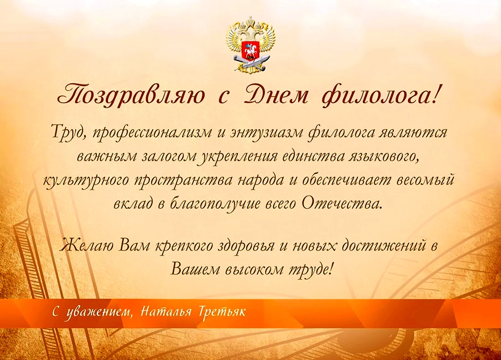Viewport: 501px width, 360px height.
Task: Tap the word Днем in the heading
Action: (276, 95)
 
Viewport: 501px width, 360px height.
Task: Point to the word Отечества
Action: (341, 204)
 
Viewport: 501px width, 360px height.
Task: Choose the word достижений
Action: (384, 246)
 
